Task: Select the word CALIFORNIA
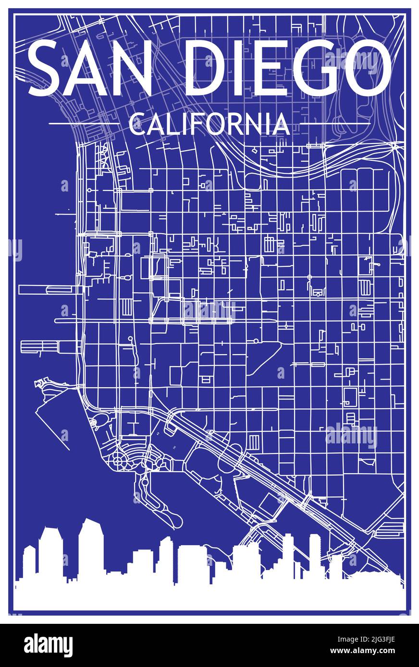(209, 124)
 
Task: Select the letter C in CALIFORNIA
(136, 124)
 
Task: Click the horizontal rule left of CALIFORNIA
(84, 124)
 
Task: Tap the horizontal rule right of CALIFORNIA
(335, 124)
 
